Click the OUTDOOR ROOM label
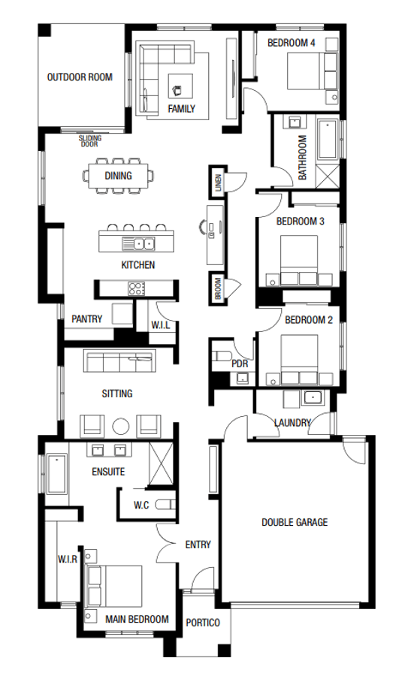tap(80, 77)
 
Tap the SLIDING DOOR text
tap(89, 141)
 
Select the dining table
tap(118, 176)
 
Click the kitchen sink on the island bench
tap(138, 243)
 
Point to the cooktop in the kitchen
tap(136, 288)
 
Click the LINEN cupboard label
tap(218, 183)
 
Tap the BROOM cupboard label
tap(218, 288)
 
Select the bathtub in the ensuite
tap(57, 473)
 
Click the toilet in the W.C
tap(165, 505)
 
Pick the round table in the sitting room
tap(121, 427)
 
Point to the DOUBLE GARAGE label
tap(295, 523)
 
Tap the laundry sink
tap(311, 397)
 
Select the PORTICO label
tap(203, 623)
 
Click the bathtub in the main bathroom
tap(328, 140)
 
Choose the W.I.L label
tap(161, 325)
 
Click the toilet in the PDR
tap(222, 357)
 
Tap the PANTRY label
tap(86, 319)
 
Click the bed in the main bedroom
tap(114, 587)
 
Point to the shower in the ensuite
tap(161, 464)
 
